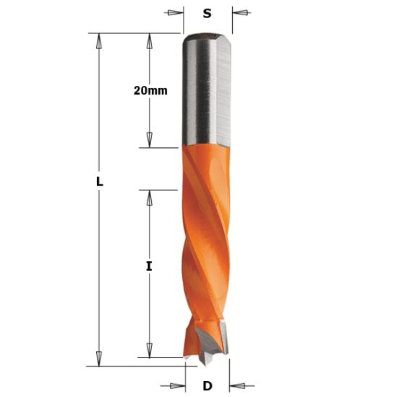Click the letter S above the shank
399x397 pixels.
point(207,12)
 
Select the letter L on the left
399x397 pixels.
point(100,183)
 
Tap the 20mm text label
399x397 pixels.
point(150,90)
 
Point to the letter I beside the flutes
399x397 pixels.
point(149,266)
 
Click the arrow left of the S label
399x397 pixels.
point(172,12)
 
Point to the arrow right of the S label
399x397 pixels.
point(242,12)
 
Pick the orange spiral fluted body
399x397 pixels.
point(207,238)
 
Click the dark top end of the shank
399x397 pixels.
point(207,35)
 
